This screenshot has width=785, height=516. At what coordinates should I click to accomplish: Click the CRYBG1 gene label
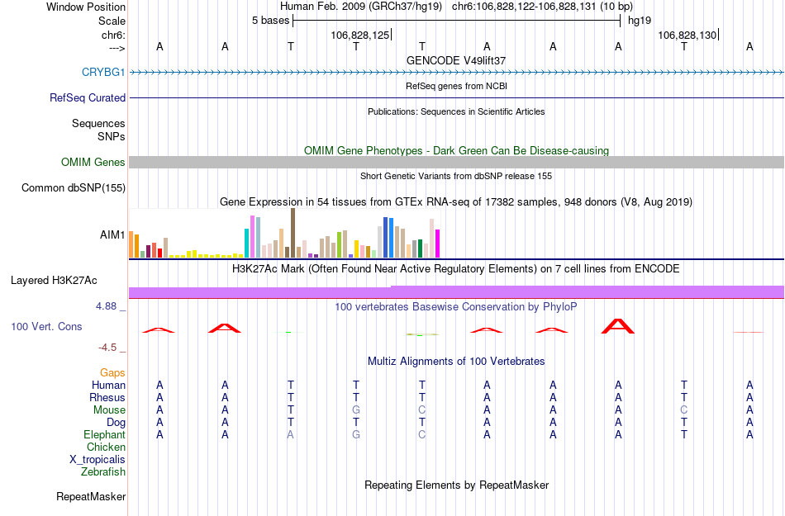click(103, 73)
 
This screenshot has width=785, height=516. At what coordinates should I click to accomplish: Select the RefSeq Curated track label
click(88, 97)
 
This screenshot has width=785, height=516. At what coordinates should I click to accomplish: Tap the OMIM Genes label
click(93, 163)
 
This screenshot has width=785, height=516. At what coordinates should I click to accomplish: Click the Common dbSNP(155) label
click(74, 188)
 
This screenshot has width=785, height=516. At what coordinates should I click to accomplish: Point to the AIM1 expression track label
click(112, 234)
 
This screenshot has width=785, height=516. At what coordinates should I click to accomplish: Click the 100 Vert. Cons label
click(46, 327)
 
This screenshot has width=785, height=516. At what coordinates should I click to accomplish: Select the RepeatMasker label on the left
click(91, 497)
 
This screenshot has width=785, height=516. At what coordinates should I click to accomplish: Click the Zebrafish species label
click(103, 472)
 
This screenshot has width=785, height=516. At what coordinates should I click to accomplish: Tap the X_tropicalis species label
click(98, 460)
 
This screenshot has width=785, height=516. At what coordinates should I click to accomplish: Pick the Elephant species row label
click(104, 435)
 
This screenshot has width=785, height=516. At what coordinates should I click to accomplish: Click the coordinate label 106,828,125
click(359, 35)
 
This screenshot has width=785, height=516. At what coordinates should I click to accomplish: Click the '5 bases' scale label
click(270, 20)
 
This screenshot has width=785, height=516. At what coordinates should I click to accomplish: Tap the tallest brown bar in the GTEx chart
click(293, 233)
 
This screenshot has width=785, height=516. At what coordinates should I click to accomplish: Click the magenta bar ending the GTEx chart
click(438, 244)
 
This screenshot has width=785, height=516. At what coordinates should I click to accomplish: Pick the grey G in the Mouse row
click(356, 410)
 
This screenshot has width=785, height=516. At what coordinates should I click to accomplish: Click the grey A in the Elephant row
click(290, 435)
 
